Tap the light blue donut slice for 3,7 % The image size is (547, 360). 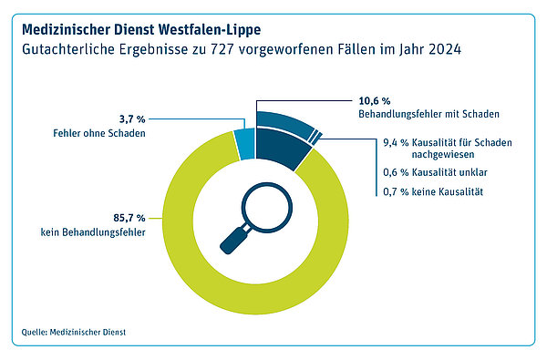click(244, 144)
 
